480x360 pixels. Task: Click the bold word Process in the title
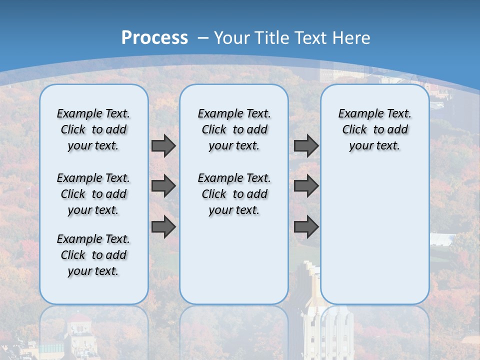click(154, 38)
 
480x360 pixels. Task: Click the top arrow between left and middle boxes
click(163, 146)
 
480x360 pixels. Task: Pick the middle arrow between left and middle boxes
click(163, 186)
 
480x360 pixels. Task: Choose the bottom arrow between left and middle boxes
click(163, 227)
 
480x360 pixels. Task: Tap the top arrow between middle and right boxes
click(306, 146)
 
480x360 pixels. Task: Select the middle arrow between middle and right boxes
click(306, 186)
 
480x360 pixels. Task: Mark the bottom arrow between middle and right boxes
click(306, 227)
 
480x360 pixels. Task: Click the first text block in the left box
click(93, 130)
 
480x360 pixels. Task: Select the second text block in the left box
click(93, 194)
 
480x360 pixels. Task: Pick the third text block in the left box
click(93, 255)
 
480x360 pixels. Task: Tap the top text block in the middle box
click(234, 130)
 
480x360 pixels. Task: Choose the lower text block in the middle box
click(234, 194)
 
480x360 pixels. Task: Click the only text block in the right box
click(375, 130)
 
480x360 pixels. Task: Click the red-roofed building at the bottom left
click(80, 330)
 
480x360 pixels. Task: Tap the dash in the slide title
click(203, 38)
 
